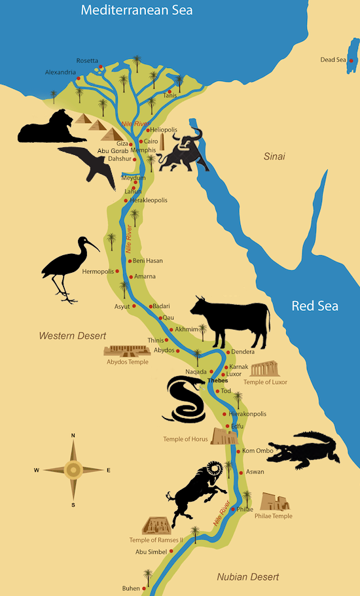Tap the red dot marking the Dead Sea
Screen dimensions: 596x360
351,60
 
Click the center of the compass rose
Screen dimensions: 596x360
73,470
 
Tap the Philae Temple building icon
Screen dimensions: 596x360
274,502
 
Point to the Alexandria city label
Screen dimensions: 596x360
61,72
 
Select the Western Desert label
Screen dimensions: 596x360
72,336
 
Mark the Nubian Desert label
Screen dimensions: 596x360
248,576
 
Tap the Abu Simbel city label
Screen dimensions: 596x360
151,552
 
